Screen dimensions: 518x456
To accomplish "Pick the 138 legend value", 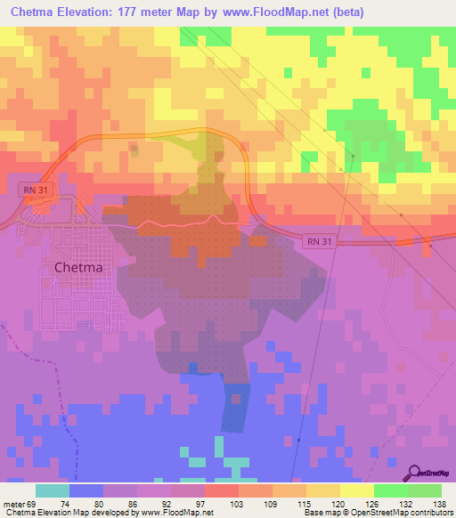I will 440,503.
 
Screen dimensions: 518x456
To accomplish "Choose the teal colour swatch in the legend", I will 53,490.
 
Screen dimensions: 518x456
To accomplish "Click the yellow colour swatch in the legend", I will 356,490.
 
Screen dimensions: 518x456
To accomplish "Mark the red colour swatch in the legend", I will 219,490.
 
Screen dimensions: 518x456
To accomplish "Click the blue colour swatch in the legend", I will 86,490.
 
